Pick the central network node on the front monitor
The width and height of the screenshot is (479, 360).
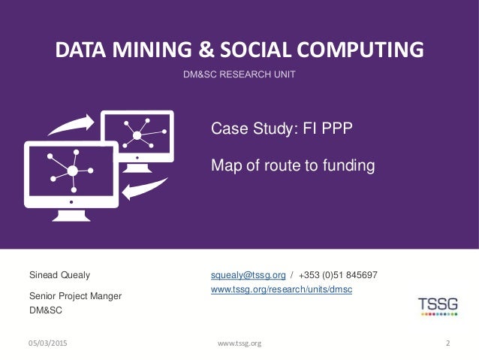coord(72,171)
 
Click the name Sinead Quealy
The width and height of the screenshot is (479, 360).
coord(59,275)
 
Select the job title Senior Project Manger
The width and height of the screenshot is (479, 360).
coord(75,296)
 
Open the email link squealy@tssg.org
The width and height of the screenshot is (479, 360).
coord(248,275)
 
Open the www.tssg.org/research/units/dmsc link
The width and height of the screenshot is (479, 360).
coord(282,289)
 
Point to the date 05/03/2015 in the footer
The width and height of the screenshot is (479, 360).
coord(47,343)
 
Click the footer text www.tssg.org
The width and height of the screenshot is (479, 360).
coord(239,343)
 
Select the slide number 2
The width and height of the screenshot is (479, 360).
coord(447,343)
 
